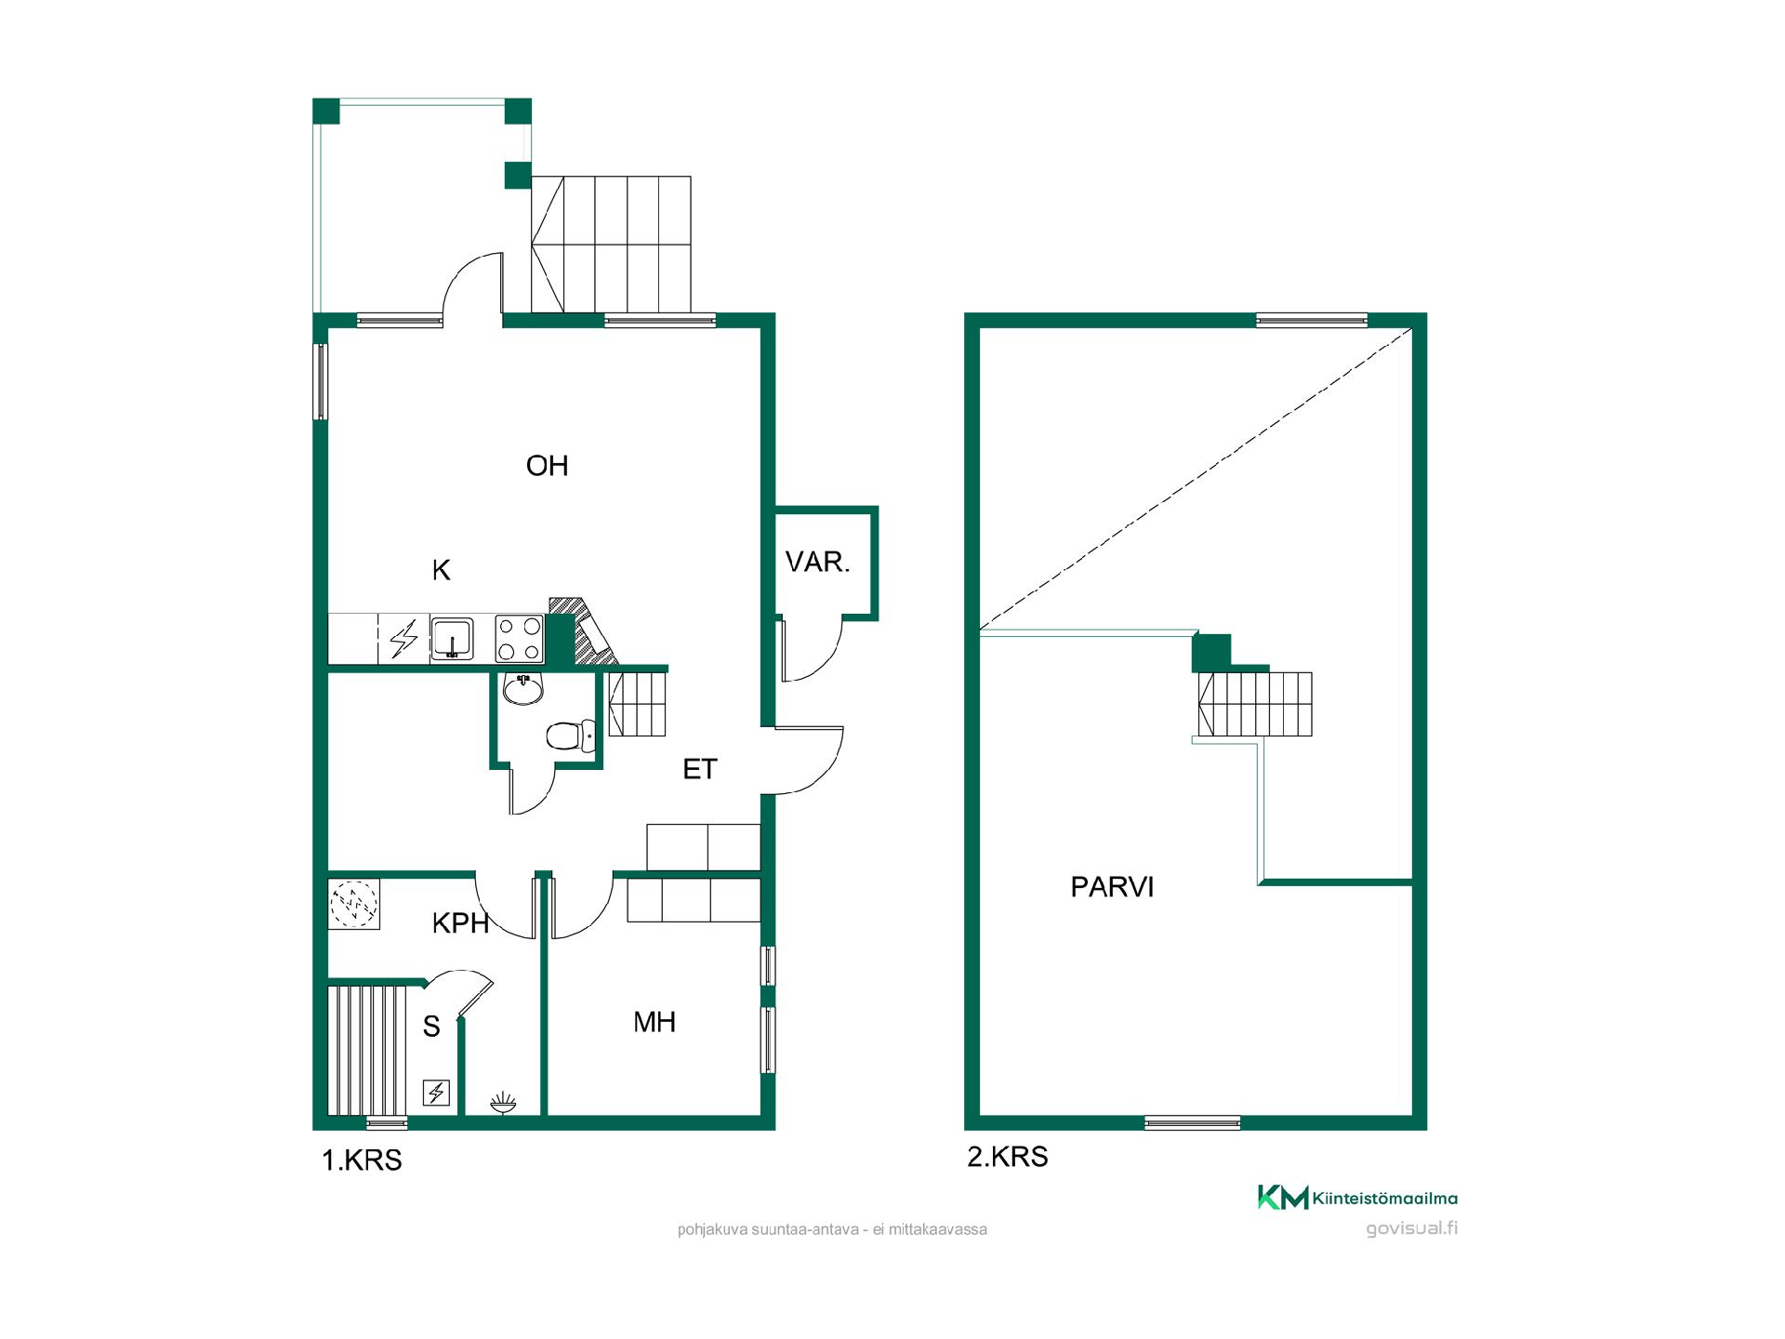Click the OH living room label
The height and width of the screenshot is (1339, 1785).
[547, 466]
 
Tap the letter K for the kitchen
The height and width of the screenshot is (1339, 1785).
[442, 570]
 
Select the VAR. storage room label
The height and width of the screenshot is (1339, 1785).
[818, 562]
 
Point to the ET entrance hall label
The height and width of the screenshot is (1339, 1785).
[700, 769]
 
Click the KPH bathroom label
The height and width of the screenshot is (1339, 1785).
[461, 923]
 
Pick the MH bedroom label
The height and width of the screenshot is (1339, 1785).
[654, 1023]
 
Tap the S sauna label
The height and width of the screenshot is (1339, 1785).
[431, 1027]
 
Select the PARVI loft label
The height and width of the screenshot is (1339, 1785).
[1112, 887]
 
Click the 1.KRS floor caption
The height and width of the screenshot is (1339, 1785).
[362, 1160]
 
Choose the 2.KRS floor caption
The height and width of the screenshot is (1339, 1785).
[1008, 1157]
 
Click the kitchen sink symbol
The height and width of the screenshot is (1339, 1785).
[453, 638]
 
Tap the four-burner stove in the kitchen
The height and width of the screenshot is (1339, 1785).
[519, 638]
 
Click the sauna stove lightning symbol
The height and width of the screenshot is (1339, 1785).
[437, 1093]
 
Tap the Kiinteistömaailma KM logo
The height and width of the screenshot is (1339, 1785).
[1357, 1198]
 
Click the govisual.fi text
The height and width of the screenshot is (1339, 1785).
[1412, 1228]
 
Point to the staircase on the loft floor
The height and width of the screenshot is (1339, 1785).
[1255, 704]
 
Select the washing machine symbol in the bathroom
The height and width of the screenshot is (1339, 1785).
[354, 904]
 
